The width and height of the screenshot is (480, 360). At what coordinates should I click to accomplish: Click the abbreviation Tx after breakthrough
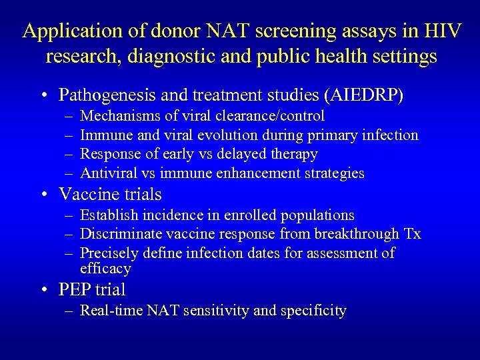click(413, 234)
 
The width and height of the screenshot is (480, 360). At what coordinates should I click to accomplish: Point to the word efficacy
click(105, 269)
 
